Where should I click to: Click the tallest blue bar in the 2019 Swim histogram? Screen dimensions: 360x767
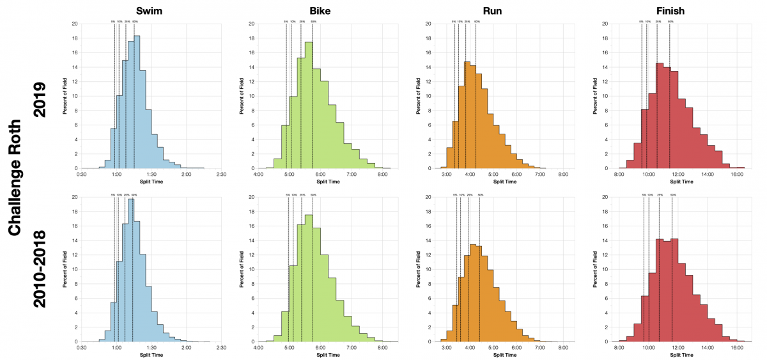(137, 102)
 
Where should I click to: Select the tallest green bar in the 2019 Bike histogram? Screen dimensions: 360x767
(309, 106)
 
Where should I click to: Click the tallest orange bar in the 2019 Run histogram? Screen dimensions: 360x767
(467, 115)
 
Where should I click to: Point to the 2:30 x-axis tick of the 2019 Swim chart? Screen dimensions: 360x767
(221, 174)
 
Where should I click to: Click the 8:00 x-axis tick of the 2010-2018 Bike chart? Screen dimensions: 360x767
(382, 347)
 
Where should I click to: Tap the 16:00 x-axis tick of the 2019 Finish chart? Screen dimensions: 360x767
(736, 174)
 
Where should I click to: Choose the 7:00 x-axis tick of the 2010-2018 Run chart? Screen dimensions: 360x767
(539, 347)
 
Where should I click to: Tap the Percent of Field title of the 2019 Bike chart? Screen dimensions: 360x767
(242, 96)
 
